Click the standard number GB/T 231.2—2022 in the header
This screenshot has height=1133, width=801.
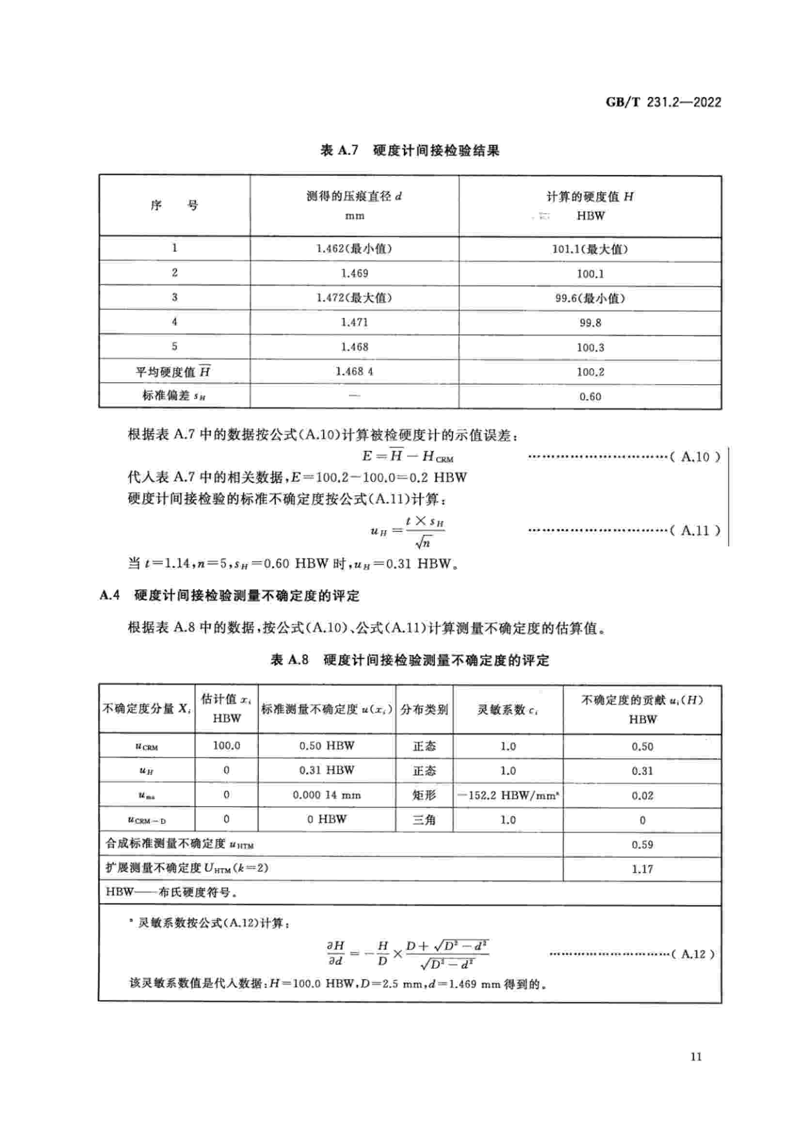point(663,102)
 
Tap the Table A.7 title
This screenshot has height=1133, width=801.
point(409,150)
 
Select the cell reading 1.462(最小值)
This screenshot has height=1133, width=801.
point(354,248)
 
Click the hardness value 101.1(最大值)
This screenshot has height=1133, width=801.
point(590,249)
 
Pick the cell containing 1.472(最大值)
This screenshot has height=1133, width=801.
point(354,298)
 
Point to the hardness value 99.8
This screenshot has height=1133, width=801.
point(590,323)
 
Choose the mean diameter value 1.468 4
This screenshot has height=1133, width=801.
point(354,372)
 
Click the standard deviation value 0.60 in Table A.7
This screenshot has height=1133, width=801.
point(590,397)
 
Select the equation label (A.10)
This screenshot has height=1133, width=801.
point(695,457)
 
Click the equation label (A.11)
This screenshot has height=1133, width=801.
point(695,531)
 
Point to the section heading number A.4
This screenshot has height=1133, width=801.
point(110,596)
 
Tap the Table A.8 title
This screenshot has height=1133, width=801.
point(409,660)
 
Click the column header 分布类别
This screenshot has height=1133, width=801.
point(424,710)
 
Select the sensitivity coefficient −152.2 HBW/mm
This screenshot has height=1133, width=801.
point(508,795)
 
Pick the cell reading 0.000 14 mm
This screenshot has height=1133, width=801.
point(326,795)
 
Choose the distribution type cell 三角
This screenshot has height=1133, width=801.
point(424,820)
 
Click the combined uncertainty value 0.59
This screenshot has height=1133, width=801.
point(642,844)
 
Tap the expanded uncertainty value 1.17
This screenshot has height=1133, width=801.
point(642,869)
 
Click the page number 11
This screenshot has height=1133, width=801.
point(696,1056)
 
